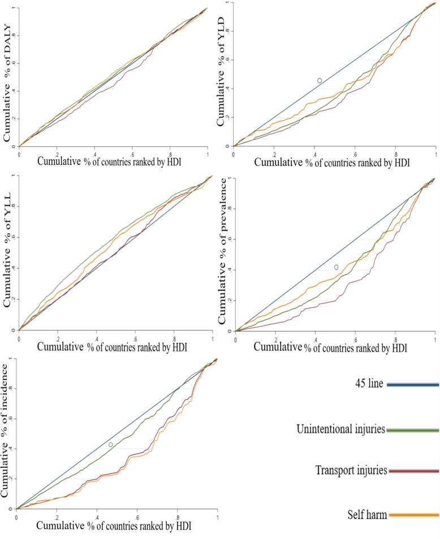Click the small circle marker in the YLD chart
[320, 81]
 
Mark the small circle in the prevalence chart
[337, 267]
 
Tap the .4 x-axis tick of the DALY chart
[95, 153]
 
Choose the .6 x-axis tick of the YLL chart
[135, 338]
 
